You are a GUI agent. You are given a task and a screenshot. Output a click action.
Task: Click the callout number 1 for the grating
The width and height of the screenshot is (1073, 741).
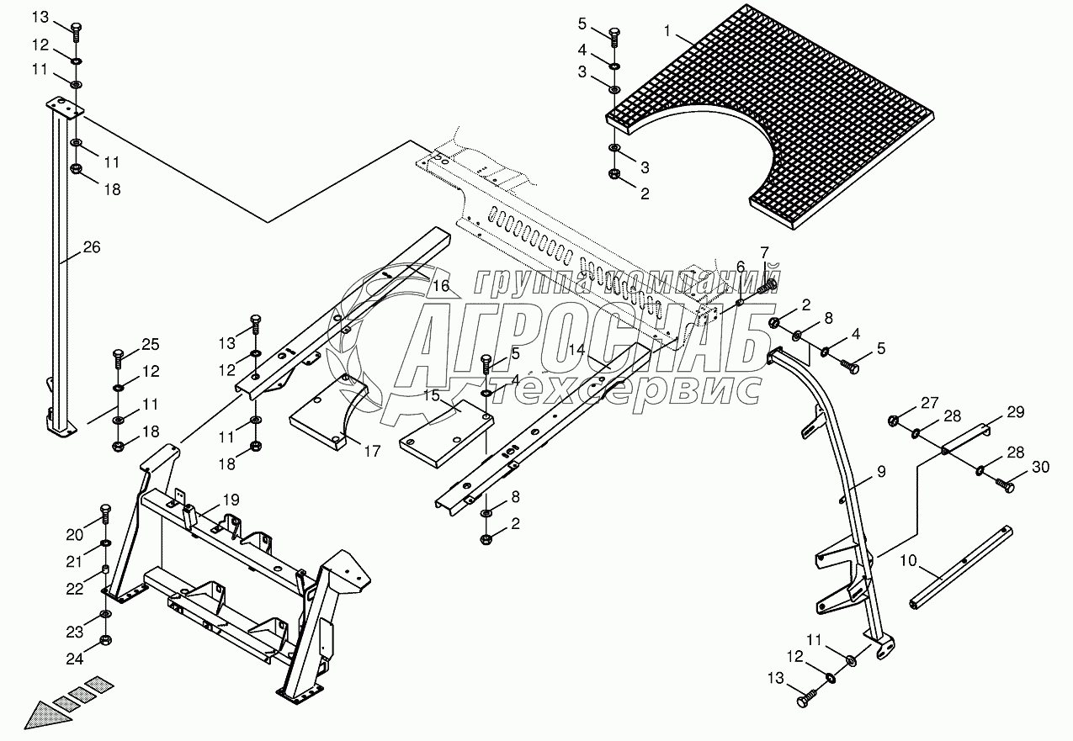pos(667,31)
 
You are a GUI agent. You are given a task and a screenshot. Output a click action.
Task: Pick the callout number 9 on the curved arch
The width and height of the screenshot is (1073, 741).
pos(880,472)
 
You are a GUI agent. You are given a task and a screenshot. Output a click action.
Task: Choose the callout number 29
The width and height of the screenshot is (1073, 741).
pos(1015,412)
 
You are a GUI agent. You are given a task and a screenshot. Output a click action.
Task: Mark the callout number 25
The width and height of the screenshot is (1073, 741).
pos(149,343)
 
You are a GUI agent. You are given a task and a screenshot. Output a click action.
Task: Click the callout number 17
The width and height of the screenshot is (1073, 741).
pos(372,452)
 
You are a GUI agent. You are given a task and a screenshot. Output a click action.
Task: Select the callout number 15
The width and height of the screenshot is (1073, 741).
pos(432,394)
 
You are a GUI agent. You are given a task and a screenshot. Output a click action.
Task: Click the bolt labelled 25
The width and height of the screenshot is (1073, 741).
pos(119,359)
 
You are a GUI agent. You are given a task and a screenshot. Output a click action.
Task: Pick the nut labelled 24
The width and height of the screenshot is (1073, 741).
pos(105,641)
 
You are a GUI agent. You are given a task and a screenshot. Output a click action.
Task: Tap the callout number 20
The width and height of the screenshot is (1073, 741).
pos(76,534)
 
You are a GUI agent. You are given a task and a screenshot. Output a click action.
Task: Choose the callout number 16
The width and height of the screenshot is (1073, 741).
pos(441,286)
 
